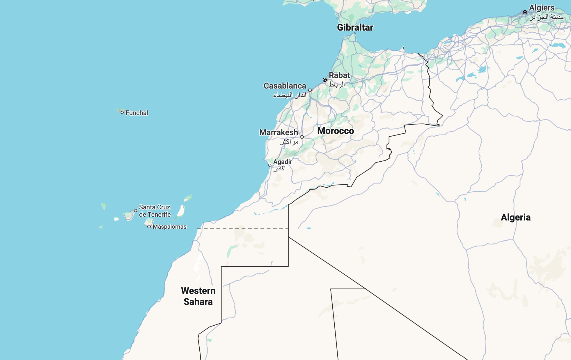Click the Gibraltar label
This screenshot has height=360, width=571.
pyautogui.click(x=355, y=27)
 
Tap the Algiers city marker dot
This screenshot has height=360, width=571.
pyautogui.click(x=525, y=12)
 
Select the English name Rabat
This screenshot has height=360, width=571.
pyautogui.click(x=339, y=75)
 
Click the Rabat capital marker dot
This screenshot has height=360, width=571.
pyautogui.click(x=325, y=80)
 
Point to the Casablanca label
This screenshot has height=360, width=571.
pyautogui.click(x=285, y=86)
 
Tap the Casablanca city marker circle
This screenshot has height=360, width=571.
pyautogui.click(x=310, y=90)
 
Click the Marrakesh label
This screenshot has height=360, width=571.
pyautogui.click(x=279, y=133)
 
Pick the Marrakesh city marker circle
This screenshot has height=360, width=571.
pyautogui.click(x=302, y=137)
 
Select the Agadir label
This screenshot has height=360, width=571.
pyautogui.click(x=283, y=162)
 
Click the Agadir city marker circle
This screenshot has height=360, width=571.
pyautogui.click(x=270, y=165)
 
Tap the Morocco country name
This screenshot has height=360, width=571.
pyautogui.click(x=336, y=131)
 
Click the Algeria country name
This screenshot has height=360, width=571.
pyautogui.click(x=516, y=217)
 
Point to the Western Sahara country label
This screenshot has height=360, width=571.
pyautogui.click(x=198, y=296)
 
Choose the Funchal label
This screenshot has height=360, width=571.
pyautogui.click(x=137, y=113)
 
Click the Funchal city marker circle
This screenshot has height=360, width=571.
pyautogui.click(x=122, y=112)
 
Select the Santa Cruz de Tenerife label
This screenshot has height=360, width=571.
pyautogui.click(x=155, y=211)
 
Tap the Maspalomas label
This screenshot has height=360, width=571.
pyautogui.click(x=169, y=227)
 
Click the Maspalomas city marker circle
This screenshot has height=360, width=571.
pyautogui.click(x=149, y=227)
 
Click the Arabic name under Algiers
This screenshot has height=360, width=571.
pyautogui.click(x=547, y=17)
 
